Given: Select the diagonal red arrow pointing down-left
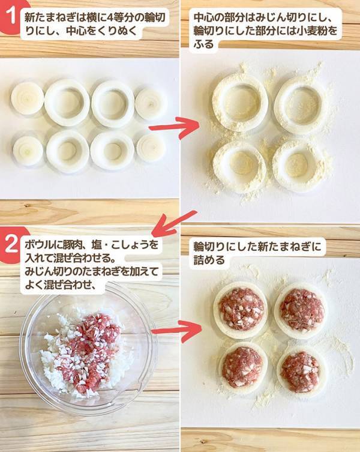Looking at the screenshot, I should tap(174, 223).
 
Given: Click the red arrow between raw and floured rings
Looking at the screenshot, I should tap(173, 127).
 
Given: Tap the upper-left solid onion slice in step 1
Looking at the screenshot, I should tap(27, 98).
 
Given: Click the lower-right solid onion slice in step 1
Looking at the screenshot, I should tap(151, 147).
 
